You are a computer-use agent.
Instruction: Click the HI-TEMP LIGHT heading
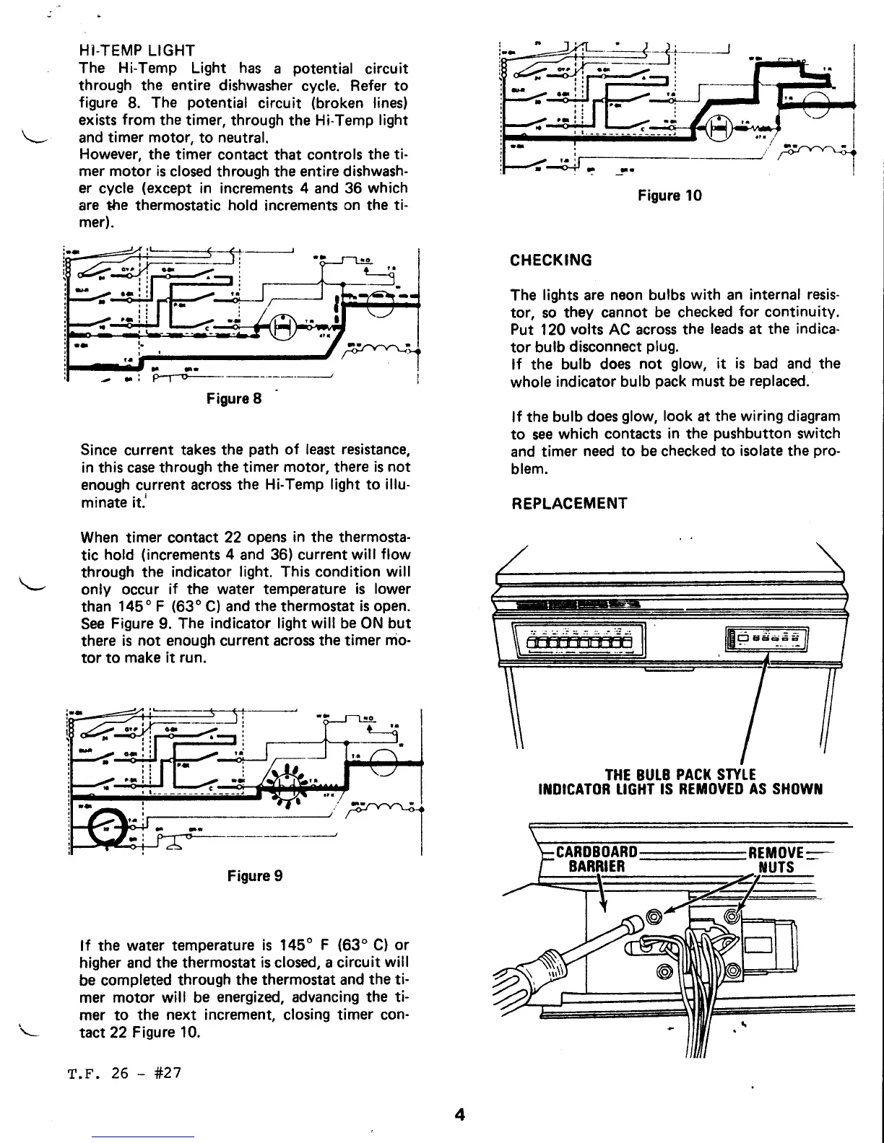click(136, 51)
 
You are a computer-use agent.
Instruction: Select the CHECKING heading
click(551, 260)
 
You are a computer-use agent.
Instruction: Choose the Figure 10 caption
click(669, 196)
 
